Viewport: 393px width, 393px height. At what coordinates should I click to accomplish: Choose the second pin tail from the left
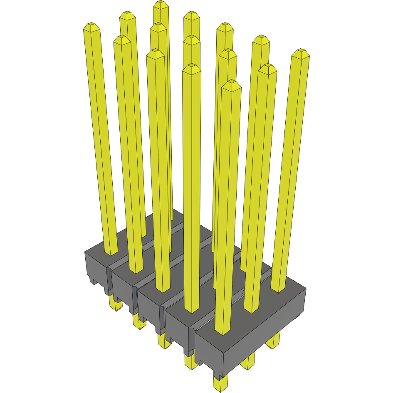[x=138, y=321]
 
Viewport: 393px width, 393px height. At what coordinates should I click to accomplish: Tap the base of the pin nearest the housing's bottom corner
[x=222, y=330]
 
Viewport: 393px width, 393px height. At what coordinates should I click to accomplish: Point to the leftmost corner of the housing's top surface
[x=85, y=252]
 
